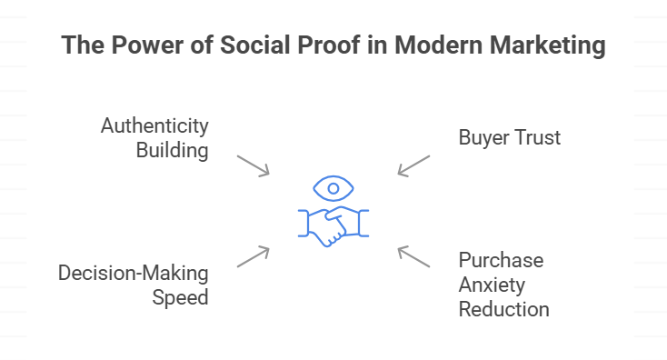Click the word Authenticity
[x=154, y=125]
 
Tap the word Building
[x=172, y=149]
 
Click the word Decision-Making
[x=134, y=273]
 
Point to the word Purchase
[x=501, y=261]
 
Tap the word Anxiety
[x=492, y=285]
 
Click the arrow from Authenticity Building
[x=253, y=165]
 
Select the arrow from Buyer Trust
[x=413, y=165]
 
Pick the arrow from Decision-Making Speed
[x=253, y=256]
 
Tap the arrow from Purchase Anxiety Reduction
[x=413, y=256]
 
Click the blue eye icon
[x=333, y=189]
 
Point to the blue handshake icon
[x=333, y=226]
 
